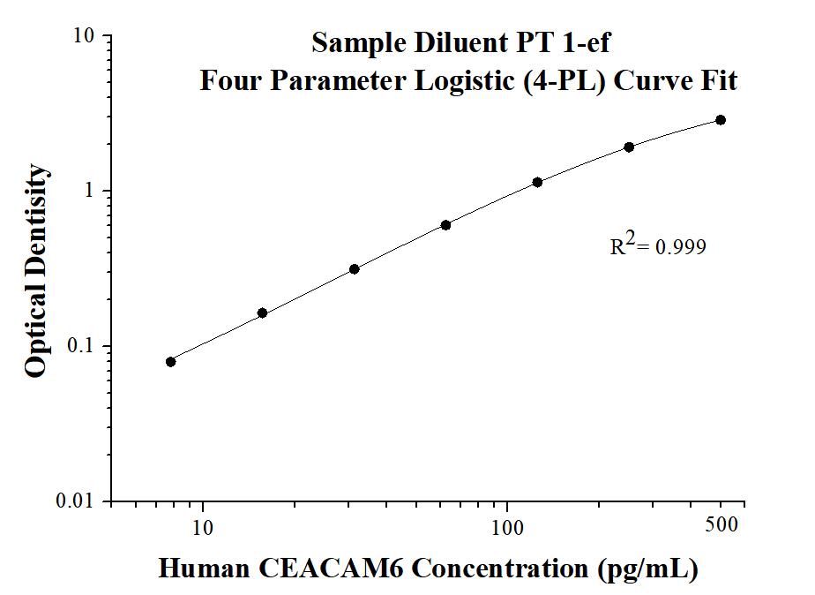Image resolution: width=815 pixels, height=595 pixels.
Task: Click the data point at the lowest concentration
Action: [170, 361]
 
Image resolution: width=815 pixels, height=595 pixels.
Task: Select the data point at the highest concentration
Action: [721, 120]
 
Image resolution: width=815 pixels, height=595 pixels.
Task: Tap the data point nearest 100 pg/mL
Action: [537, 182]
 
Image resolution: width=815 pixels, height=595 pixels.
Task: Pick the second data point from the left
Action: [262, 313]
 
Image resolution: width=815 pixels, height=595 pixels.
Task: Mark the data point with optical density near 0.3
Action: [354, 268]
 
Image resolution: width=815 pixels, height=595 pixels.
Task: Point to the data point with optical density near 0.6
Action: [445, 225]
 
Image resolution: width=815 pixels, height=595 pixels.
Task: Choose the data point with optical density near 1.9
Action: [629, 147]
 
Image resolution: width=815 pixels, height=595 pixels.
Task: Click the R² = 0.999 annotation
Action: [658, 246]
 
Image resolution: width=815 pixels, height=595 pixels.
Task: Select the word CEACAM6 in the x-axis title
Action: [339, 569]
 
